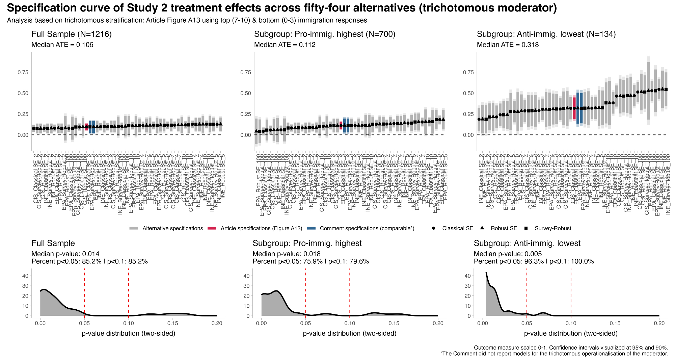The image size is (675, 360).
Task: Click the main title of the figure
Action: pyautogui.click(x=282, y=8)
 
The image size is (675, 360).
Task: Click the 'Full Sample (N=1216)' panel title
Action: pyautogui.click(x=72, y=34)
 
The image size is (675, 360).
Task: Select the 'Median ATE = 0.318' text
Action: pyautogui.click(x=508, y=45)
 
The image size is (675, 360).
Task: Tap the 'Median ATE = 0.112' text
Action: pyautogui.click(x=285, y=45)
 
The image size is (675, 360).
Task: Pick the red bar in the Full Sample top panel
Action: pyautogui.click(x=86, y=127)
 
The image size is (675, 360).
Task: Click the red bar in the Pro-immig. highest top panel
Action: pyautogui.click(x=341, y=125)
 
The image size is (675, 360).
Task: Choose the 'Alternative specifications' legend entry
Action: pyautogui.click(x=172, y=229)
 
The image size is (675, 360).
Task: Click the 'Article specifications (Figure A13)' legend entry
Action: pyautogui.click(x=261, y=229)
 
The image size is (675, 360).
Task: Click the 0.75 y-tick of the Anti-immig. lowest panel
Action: pyautogui.click(x=467, y=72)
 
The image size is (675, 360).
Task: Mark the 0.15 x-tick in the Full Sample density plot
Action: pyautogui.click(x=172, y=324)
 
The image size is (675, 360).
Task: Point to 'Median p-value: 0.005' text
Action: pyautogui.click(x=508, y=254)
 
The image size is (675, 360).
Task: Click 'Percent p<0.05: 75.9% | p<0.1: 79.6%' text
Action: pyautogui.click(x=310, y=261)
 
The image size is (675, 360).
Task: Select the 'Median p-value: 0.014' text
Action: pyautogui.click(x=65, y=254)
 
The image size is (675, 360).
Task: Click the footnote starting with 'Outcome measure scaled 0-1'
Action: pyautogui.click(x=571, y=348)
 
